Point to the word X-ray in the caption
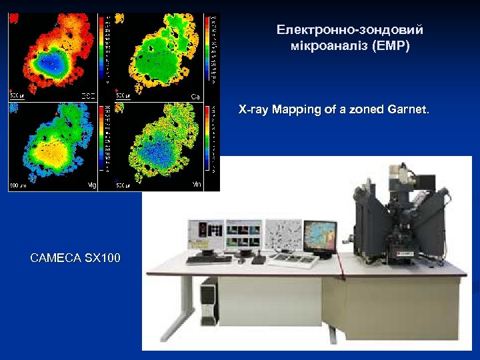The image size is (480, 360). [253, 110]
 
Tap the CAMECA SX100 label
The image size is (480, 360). [75, 257]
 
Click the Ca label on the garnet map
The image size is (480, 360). [195, 97]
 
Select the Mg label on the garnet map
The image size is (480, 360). [92, 185]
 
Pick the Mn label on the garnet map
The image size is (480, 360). [197, 184]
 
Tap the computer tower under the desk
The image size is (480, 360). [209, 303]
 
